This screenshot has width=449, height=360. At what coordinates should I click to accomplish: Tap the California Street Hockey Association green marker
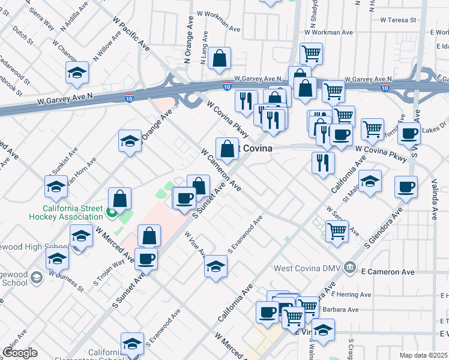(111, 212)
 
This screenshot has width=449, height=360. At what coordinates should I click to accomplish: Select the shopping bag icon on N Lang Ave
(220, 59)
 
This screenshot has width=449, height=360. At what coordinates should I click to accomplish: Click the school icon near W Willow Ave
(77, 73)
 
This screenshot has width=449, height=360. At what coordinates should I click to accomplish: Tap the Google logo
(20, 353)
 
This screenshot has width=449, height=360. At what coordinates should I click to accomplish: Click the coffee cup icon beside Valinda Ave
(406, 187)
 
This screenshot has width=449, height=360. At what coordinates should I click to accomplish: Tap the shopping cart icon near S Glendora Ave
(337, 230)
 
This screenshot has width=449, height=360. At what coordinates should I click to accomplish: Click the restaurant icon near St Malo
(323, 162)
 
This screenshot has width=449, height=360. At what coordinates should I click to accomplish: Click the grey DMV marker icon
(352, 268)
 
